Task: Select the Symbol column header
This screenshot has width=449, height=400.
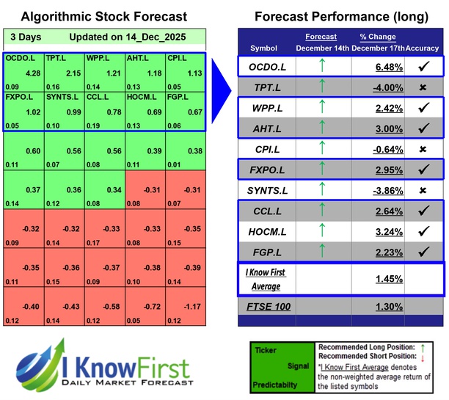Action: click(x=264, y=48)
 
